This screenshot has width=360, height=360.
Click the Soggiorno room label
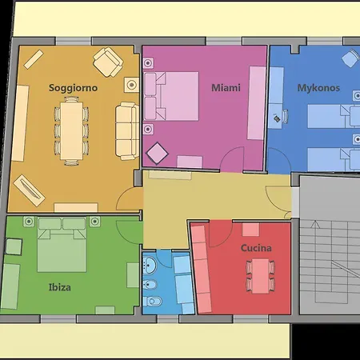pyautogui.click(x=73, y=88)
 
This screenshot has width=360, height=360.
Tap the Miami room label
pyautogui.click(x=226, y=88)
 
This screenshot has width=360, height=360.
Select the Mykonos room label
pyautogui.click(x=318, y=88)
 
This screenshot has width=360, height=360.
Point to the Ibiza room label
pyautogui.click(x=60, y=287)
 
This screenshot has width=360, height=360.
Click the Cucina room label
pyautogui.click(x=256, y=248)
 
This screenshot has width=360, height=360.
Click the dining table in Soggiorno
pyautogui.click(x=71, y=131)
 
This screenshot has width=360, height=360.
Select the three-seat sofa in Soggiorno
pyautogui.click(x=127, y=131)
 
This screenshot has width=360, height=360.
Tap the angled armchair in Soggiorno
pyautogui.click(x=108, y=62)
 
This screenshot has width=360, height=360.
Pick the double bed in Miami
pyautogui.click(x=171, y=96)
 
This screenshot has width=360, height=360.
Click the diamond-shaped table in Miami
pyautogui.click(x=157, y=154)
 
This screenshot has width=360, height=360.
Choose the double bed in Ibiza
pyautogui.click(x=62, y=245)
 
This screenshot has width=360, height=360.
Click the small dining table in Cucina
pyautogui.click(x=260, y=276)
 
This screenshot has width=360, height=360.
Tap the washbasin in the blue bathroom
pyautogui.click(x=150, y=265)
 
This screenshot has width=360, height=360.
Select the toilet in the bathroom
pyautogui.click(x=152, y=302)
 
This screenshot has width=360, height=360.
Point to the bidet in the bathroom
pyautogui.click(x=150, y=285)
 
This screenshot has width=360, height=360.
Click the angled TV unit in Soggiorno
pyautogui.click(x=29, y=190)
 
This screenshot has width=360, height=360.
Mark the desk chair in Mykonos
pyautogui.click(x=285, y=117)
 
